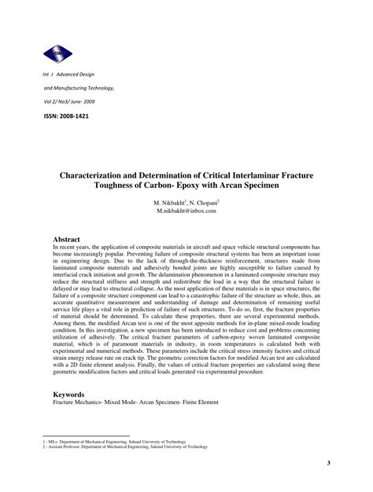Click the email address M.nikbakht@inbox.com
[x=186, y=211]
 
